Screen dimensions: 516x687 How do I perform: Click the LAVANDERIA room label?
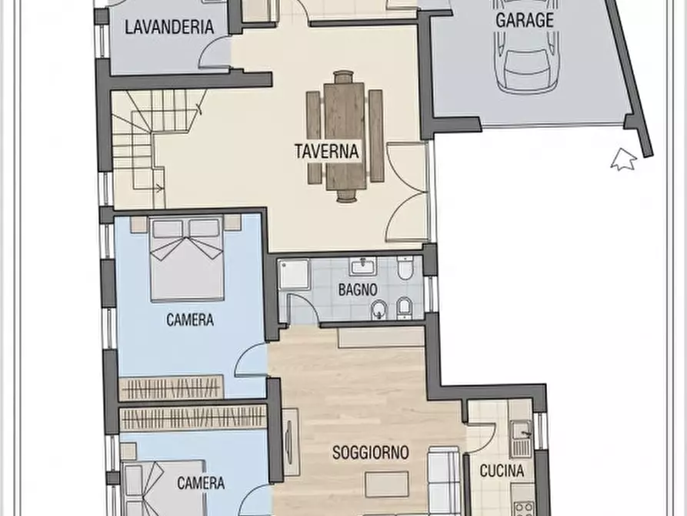[x=168, y=26]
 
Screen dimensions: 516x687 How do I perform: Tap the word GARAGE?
[x=524, y=20]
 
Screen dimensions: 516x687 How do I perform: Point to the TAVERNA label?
[x=326, y=151]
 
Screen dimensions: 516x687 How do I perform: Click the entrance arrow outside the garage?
[x=623, y=159]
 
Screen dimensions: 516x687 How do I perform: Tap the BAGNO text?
[x=357, y=291]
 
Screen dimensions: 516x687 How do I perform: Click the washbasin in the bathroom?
[x=362, y=267]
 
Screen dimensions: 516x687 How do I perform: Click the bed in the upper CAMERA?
[x=186, y=258]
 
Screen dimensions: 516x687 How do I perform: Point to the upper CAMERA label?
[x=190, y=320]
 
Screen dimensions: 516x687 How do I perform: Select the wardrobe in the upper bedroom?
[x=172, y=387]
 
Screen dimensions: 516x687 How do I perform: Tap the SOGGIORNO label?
[x=370, y=453]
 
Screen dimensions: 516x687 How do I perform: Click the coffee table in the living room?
[x=387, y=485]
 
